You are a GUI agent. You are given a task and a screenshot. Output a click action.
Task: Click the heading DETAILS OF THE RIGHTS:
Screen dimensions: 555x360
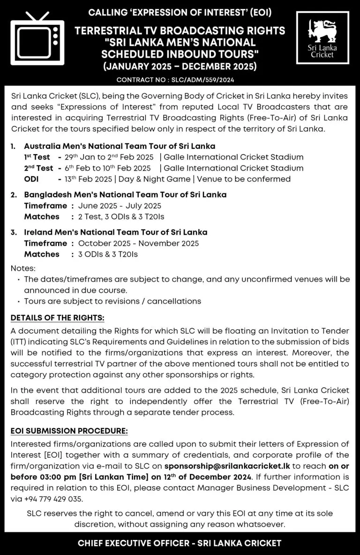[x=57, y=318]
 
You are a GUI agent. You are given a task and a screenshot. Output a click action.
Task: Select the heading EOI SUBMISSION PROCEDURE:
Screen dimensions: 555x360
[x=69, y=430]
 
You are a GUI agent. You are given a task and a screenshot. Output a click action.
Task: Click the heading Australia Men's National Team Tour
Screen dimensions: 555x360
[x=120, y=146]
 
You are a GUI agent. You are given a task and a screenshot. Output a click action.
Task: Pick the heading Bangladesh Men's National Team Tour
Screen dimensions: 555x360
[x=125, y=194]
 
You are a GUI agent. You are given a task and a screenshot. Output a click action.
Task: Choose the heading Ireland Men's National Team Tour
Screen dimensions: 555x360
[x=115, y=232]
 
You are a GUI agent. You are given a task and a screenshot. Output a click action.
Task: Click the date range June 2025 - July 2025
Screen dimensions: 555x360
[x=120, y=206]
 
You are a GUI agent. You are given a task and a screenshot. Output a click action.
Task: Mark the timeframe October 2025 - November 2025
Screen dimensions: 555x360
[x=138, y=243]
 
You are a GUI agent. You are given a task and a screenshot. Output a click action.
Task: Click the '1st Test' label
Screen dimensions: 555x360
[x=37, y=157]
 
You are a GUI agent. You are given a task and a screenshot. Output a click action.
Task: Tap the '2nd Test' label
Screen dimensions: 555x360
[x=38, y=168]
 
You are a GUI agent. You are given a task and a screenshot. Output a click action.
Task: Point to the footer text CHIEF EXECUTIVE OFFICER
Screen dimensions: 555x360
[x=135, y=544]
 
